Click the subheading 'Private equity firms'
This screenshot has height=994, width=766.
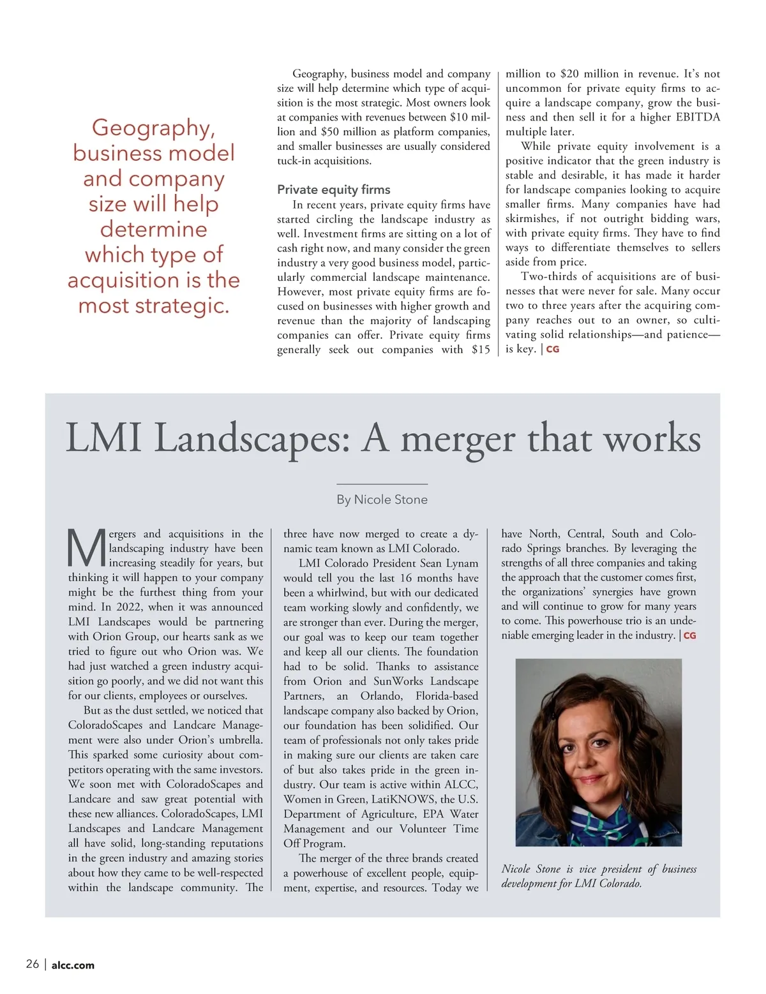coord(333,189)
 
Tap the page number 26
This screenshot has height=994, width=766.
coord(33,964)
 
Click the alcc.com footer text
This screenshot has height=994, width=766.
coord(73,965)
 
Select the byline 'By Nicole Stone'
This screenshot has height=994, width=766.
coord(382,500)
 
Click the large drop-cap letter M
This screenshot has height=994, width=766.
coord(86,548)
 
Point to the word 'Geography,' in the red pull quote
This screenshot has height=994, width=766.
coord(154,128)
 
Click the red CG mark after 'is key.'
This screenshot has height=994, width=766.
coord(552,350)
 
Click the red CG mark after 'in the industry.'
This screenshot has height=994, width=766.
coord(689,636)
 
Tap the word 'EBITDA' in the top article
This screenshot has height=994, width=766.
coord(698,117)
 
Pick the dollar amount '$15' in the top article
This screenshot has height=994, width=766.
coord(481,350)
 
